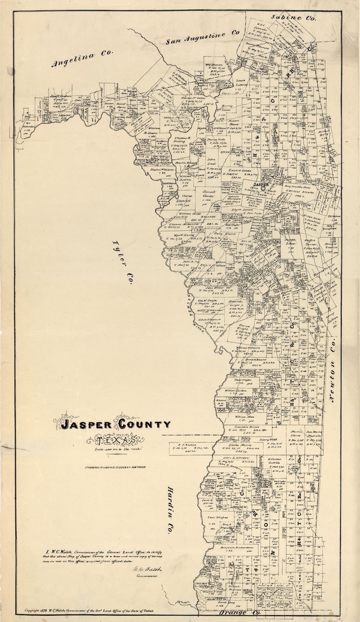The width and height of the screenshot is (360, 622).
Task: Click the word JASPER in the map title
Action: click(x=86, y=425)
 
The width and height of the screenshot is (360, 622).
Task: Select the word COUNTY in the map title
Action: click(x=144, y=424)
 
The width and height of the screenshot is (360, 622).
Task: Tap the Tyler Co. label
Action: click(x=122, y=262)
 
